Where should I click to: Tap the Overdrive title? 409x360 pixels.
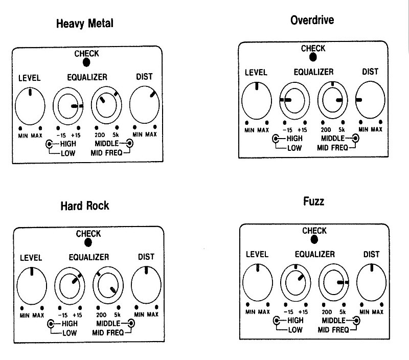coord(312,20)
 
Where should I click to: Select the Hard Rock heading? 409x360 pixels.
coord(84,206)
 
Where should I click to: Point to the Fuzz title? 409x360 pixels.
coord(313,201)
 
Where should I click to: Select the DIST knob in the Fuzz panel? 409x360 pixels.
coord(372,282)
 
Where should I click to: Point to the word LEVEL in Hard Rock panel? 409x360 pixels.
coord(31,258)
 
